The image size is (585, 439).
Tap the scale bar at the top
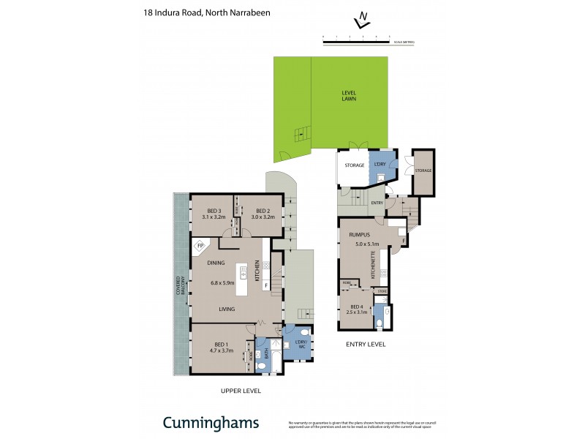coord(356,42)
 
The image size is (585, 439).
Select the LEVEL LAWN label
coord(348,96)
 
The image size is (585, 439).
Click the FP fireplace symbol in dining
coord(200,246)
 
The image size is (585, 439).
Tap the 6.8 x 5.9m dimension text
coord(223,282)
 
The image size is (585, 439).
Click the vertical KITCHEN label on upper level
coord(257,271)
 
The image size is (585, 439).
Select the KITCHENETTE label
coord(374,266)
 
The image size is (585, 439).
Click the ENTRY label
coord(377,203)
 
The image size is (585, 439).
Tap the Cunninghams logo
coord(210,423)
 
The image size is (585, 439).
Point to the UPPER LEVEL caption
coord(241,391)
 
